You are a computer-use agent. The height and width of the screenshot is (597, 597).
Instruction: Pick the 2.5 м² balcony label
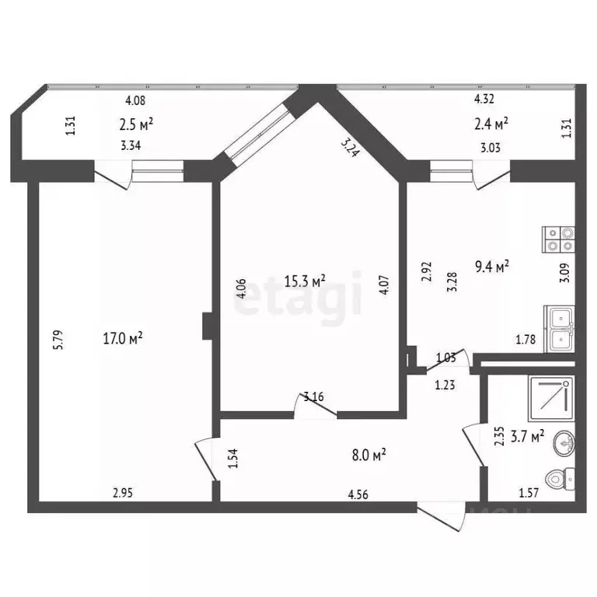tap(135, 123)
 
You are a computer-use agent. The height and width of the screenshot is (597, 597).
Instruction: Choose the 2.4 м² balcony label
tap(491, 122)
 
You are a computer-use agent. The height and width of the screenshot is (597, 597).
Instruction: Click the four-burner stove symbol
tap(558, 238)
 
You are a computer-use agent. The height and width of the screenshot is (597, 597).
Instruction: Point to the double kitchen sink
tap(560, 329)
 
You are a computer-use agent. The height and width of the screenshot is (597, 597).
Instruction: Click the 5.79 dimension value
tap(57, 342)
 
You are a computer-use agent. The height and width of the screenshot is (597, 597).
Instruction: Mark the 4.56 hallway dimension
tap(359, 492)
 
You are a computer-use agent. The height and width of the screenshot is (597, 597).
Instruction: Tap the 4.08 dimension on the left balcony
tap(135, 99)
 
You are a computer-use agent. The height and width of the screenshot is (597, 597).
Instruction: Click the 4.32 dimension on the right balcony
tap(485, 99)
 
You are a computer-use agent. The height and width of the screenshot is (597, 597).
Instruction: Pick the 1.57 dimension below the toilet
tap(530, 492)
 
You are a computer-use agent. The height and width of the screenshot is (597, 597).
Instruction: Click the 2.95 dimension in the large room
tap(123, 491)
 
